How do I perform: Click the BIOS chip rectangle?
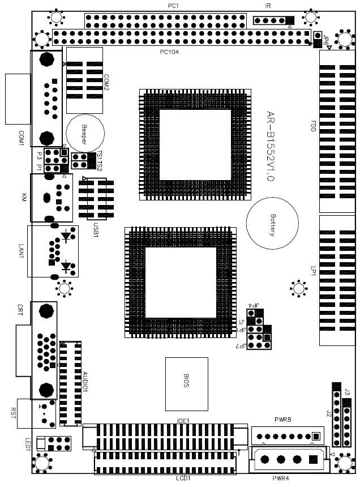pos(187,384)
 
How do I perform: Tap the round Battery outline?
pos(272,223)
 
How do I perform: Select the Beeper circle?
pos(85,133)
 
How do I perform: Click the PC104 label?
pos(169,52)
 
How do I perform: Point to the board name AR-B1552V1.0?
pos(271,146)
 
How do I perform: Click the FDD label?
pos(313,126)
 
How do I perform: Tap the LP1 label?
pos(313,271)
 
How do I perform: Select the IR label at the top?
pos(268,6)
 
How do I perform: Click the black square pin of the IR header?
pos(290,20)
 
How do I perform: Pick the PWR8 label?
pos(282,420)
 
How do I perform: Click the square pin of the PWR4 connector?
pos(313,459)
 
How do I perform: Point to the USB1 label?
pos(96,229)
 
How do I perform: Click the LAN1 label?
pos(21,251)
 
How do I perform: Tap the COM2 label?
pos(106,82)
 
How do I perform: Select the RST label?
pos(13,413)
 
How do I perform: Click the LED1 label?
pos(28,444)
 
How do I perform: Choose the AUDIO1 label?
pos(85,382)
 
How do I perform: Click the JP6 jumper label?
pos(325,40)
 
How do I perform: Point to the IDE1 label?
pos(183,421)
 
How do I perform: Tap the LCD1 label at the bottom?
pos(183,479)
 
